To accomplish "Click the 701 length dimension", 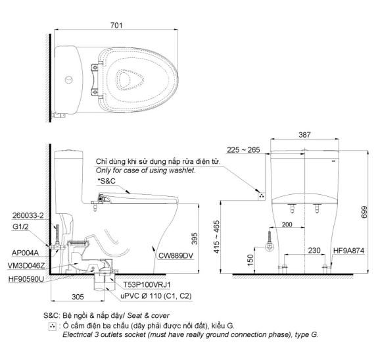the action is [116, 25].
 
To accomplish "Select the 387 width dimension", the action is [305, 135].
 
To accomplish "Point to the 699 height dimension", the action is [364, 212].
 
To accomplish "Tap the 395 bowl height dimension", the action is [195, 238].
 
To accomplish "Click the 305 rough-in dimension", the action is [78, 297].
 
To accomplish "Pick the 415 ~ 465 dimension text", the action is [217, 237].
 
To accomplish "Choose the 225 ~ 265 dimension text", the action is [243, 150].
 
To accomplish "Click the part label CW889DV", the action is [176, 255].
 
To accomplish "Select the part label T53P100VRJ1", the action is [147, 285].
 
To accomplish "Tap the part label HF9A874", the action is [348, 251].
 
